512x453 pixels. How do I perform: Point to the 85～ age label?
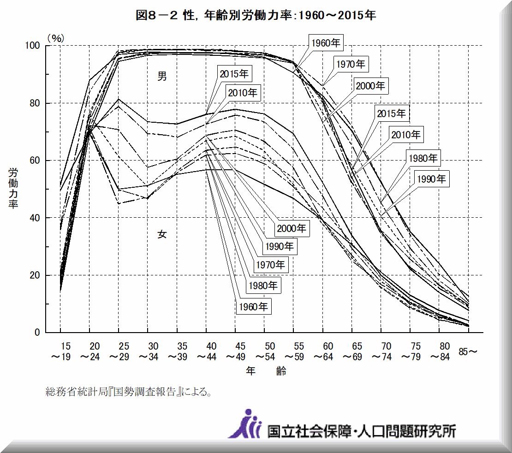click(468, 352)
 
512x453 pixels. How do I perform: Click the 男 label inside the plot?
click(162, 77)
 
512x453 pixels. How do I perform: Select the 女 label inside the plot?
click(162, 234)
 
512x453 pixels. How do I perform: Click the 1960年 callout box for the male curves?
click(326, 44)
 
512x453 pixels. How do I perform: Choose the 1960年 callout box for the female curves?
click(254, 307)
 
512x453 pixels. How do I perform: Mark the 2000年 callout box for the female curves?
click(292, 228)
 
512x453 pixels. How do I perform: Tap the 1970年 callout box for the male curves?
click(351, 64)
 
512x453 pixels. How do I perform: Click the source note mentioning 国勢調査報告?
click(129, 393)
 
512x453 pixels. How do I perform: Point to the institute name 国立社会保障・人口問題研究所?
click(362, 431)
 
